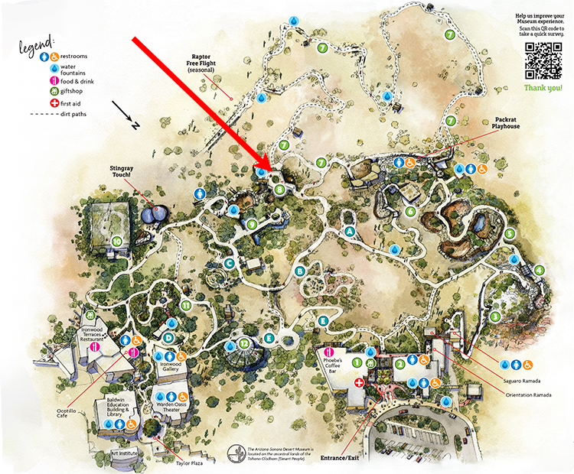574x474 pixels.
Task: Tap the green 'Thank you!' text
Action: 543,88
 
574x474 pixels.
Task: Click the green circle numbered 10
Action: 117,241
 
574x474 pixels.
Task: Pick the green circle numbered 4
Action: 540,270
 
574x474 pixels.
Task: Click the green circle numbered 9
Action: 251,224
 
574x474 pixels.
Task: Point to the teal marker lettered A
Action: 350,232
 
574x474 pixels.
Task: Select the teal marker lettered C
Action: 228,264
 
